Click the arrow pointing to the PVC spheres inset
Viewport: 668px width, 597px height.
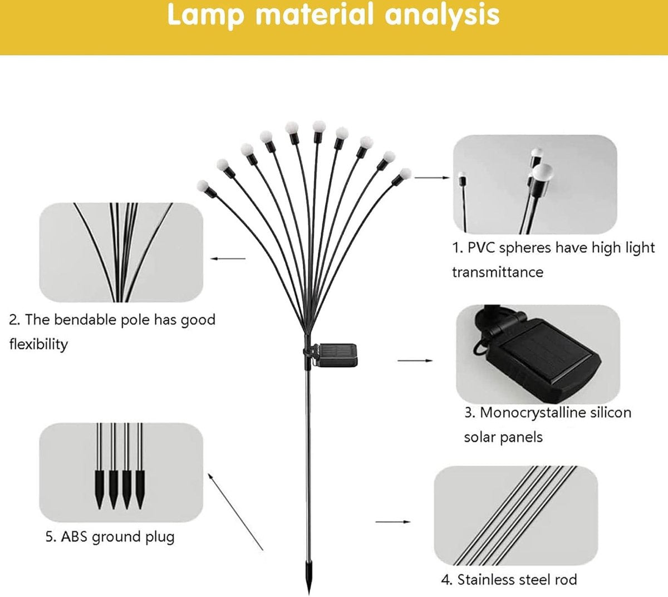pos(431,178)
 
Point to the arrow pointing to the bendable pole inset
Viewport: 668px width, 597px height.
pos(228,258)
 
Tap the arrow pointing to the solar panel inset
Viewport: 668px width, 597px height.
pos(415,361)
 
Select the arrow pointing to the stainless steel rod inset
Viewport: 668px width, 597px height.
pos(393,522)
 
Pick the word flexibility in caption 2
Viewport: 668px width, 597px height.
pos(38,344)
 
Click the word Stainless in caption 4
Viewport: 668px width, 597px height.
pos(486,580)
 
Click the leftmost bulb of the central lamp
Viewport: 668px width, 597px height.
pos(203,185)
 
